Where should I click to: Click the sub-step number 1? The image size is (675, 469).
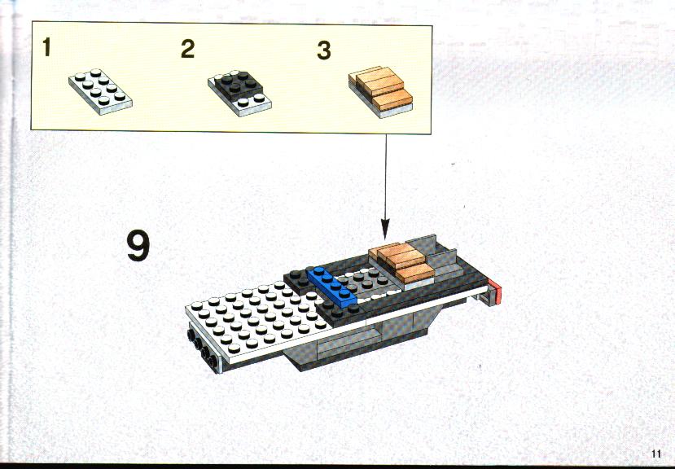pyautogui.click(x=46, y=47)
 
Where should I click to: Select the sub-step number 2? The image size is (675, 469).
pyautogui.click(x=188, y=49)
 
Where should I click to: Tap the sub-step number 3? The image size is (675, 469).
pyautogui.click(x=324, y=50)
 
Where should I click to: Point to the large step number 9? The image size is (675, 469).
pyautogui.click(x=138, y=245)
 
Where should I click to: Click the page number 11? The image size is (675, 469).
pyautogui.click(x=656, y=454)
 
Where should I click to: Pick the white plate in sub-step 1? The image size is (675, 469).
pyautogui.click(x=100, y=91)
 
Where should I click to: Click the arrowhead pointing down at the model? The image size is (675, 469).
pyautogui.click(x=385, y=229)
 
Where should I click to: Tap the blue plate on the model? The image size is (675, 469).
pyautogui.click(x=332, y=286)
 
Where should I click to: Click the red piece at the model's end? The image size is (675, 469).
pyautogui.click(x=496, y=291)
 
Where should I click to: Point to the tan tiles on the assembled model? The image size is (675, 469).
pyautogui.click(x=401, y=261)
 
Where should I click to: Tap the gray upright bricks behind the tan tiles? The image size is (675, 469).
pyautogui.click(x=435, y=255)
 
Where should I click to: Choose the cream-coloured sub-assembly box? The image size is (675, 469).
pyautogui.click(x=231, y=77)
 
